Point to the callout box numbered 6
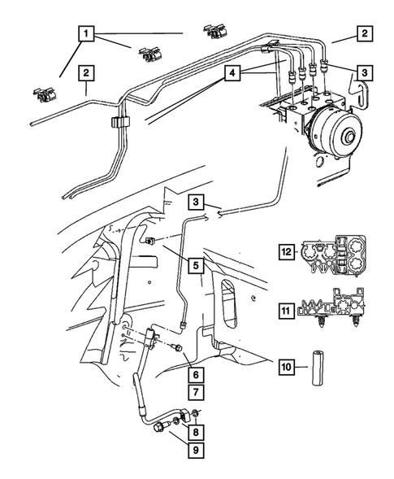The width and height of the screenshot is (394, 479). point(194,376)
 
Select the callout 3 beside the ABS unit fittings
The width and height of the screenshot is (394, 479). point(365,73)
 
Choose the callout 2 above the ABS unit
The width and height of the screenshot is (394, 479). point(365,34)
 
